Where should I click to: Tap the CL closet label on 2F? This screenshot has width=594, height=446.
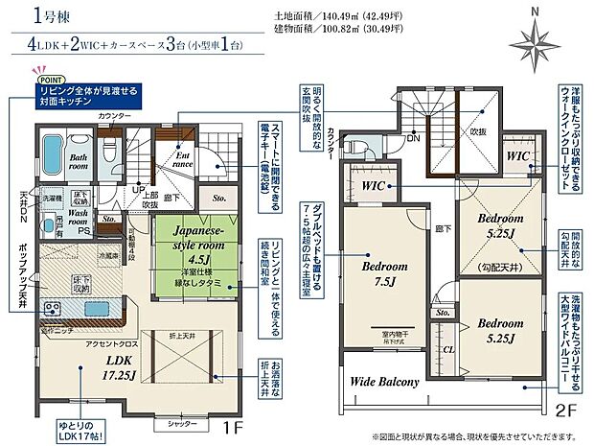449,351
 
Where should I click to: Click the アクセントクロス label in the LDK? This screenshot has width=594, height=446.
108,343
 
